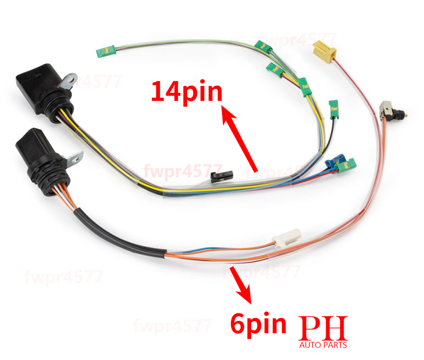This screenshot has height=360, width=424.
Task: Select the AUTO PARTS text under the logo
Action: [x=323, y=345]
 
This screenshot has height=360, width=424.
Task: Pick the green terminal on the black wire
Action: [x=333, y=108]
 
